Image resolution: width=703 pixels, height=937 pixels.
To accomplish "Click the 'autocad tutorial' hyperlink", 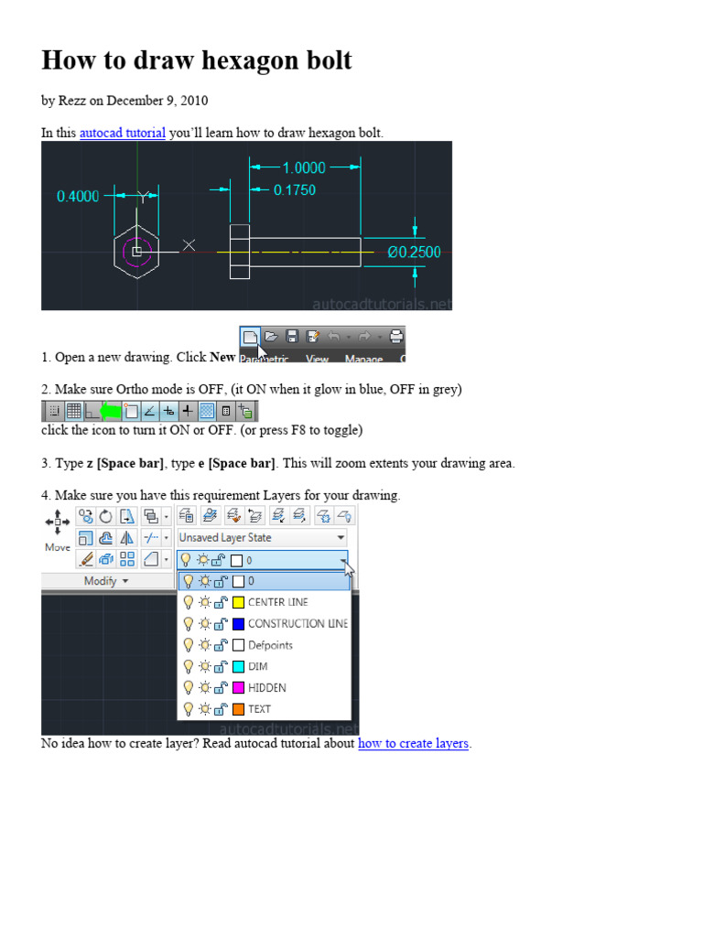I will pos(122,133).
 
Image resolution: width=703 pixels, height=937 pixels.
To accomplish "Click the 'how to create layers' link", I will pos(413,743).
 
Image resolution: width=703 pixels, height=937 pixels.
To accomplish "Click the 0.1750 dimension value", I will pos(295,190).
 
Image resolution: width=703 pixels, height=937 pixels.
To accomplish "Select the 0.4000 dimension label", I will pos(78,196).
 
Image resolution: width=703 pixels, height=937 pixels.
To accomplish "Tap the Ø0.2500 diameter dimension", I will pos(414,252).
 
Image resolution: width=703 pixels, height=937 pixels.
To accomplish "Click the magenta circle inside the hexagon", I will pos(136,251).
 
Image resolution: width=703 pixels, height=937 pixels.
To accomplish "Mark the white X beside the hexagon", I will pos(189,244).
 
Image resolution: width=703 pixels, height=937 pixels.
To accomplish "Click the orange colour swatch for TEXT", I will pos(238,708).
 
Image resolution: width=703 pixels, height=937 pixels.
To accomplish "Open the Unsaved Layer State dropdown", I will pos(262,538).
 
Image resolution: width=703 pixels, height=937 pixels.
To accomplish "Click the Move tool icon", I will pos(57,522).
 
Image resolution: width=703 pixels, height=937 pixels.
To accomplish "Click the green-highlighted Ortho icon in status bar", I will pos(110,411).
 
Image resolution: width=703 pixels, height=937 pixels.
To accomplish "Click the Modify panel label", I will pos(106,581).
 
